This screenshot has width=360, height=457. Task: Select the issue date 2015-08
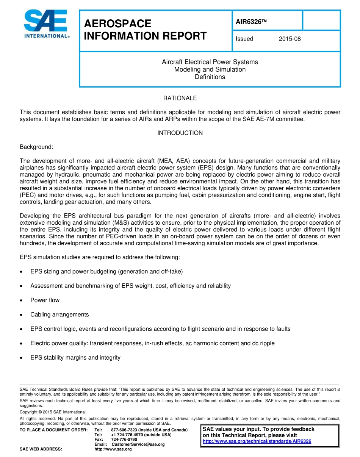coord(290,39)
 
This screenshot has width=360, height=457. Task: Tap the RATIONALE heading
coord(180,98)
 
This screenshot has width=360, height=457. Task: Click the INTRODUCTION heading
coord(180,133)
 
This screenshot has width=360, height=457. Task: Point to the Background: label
coord(36,147)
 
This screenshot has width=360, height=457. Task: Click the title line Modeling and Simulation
coord(210,69)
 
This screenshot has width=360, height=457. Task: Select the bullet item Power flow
coord(45,300)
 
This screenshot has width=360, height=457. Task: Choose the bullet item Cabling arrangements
coord(59,315)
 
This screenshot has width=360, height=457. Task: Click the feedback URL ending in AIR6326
coord(257,441)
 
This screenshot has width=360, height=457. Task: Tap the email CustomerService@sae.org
coord(138,444)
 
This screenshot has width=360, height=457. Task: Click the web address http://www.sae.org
coord(113,449)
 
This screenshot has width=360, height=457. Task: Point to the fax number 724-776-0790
coord(124,440)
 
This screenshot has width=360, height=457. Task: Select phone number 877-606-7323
coord(124,430)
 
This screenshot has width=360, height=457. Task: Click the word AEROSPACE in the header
coord(117,24)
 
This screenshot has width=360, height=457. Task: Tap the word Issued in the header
coord(244,39)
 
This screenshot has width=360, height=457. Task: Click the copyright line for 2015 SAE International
coord(53,412)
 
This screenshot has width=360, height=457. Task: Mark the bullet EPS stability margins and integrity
coord(75,358)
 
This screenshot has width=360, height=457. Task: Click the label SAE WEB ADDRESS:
coord(41,449)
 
